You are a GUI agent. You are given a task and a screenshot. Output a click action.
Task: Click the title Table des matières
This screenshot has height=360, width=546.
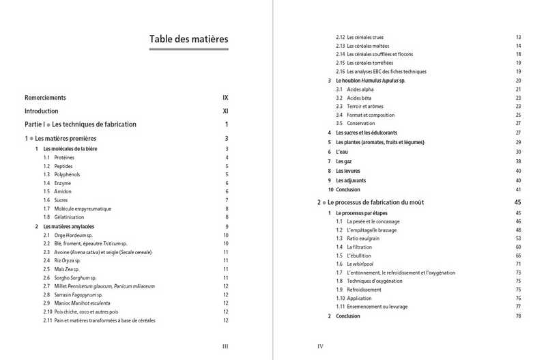[188, 39]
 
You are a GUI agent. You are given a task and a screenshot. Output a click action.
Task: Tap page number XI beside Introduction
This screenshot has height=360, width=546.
[225, 111]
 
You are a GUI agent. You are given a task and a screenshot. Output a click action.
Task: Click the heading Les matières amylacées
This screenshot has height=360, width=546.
[68, 226]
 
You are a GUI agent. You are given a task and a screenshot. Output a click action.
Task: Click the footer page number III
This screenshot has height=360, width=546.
[225, 346]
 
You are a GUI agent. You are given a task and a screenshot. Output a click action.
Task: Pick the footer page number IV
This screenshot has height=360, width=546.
[320, 346]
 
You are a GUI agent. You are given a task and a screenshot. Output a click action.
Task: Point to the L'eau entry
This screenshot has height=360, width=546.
[343, 151]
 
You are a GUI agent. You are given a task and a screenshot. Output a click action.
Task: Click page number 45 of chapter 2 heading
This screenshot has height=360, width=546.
[517, 203]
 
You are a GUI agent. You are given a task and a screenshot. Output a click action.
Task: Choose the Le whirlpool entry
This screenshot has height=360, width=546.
[362, 264]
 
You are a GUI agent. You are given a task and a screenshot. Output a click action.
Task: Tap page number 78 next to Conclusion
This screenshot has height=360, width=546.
[519, 316]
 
